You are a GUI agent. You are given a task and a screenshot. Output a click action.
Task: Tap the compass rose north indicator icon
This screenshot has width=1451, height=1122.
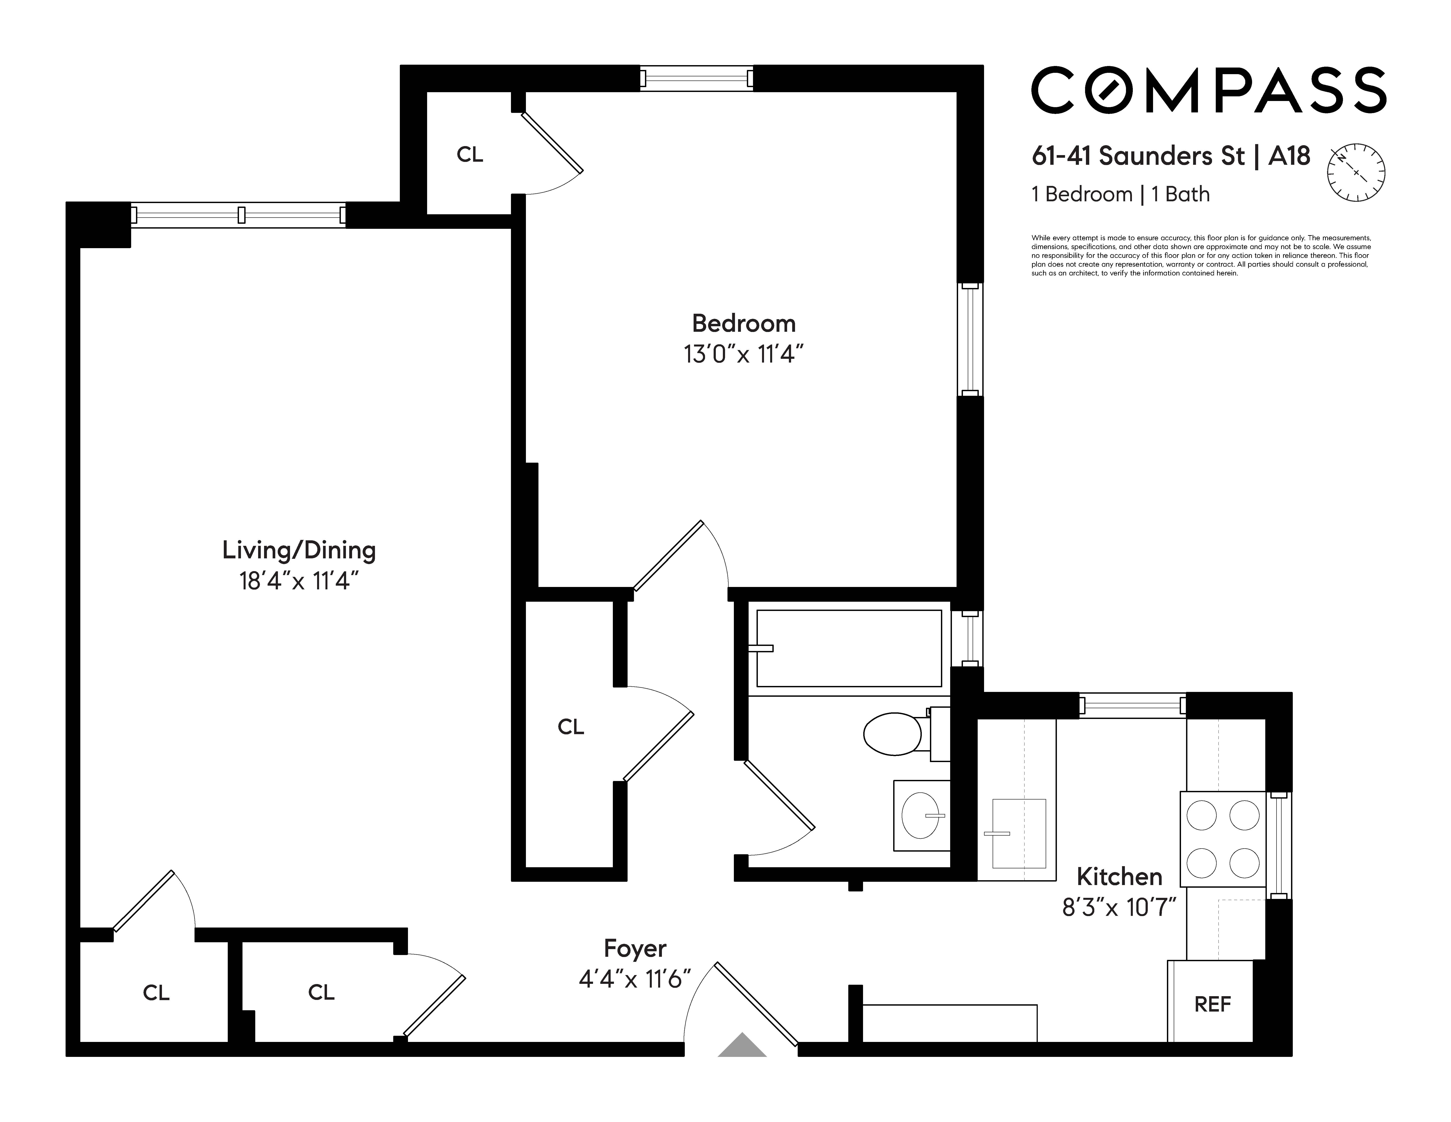click(x=1356, y=173)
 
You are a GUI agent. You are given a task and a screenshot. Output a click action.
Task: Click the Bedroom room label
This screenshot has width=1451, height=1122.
click(x=744, y=324)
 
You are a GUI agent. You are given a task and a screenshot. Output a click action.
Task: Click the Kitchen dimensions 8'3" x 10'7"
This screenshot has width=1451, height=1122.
click(x=1119, y=907)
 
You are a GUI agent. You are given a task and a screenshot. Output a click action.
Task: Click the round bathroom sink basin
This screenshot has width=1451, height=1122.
click(x=921, y=815)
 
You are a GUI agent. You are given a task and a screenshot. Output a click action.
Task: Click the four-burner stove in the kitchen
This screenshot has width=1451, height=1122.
click(x=1223, y=839)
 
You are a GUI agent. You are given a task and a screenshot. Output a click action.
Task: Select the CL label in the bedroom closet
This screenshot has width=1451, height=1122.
click(x=470, y=155)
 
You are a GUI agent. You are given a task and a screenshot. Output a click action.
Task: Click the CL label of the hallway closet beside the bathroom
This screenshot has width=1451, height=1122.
click(x=571, y=727)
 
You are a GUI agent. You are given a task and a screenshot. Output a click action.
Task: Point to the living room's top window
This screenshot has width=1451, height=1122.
click(x=238, y=214)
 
